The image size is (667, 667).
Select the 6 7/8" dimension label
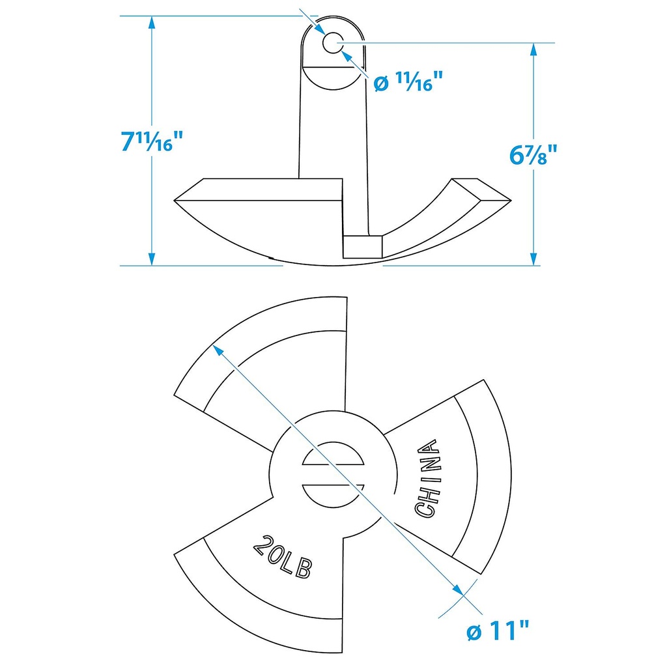pyautogui.click(x=533, y=156)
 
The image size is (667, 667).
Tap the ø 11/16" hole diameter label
pyautogui.click(x=408, y=83)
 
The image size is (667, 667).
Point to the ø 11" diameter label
pyautogui.click(x=498, y=631)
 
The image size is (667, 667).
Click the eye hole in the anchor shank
pyautogui.click(x=332, y=43)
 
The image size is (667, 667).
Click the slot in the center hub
pyautogui.click(x=333, y=485)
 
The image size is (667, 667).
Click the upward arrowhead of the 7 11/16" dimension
pyautogui.click(x=152, y=23)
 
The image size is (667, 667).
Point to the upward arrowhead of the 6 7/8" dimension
pyautogui.click(x=533, y=51)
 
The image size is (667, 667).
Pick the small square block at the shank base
pyautogui.click(x=363, y=247)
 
